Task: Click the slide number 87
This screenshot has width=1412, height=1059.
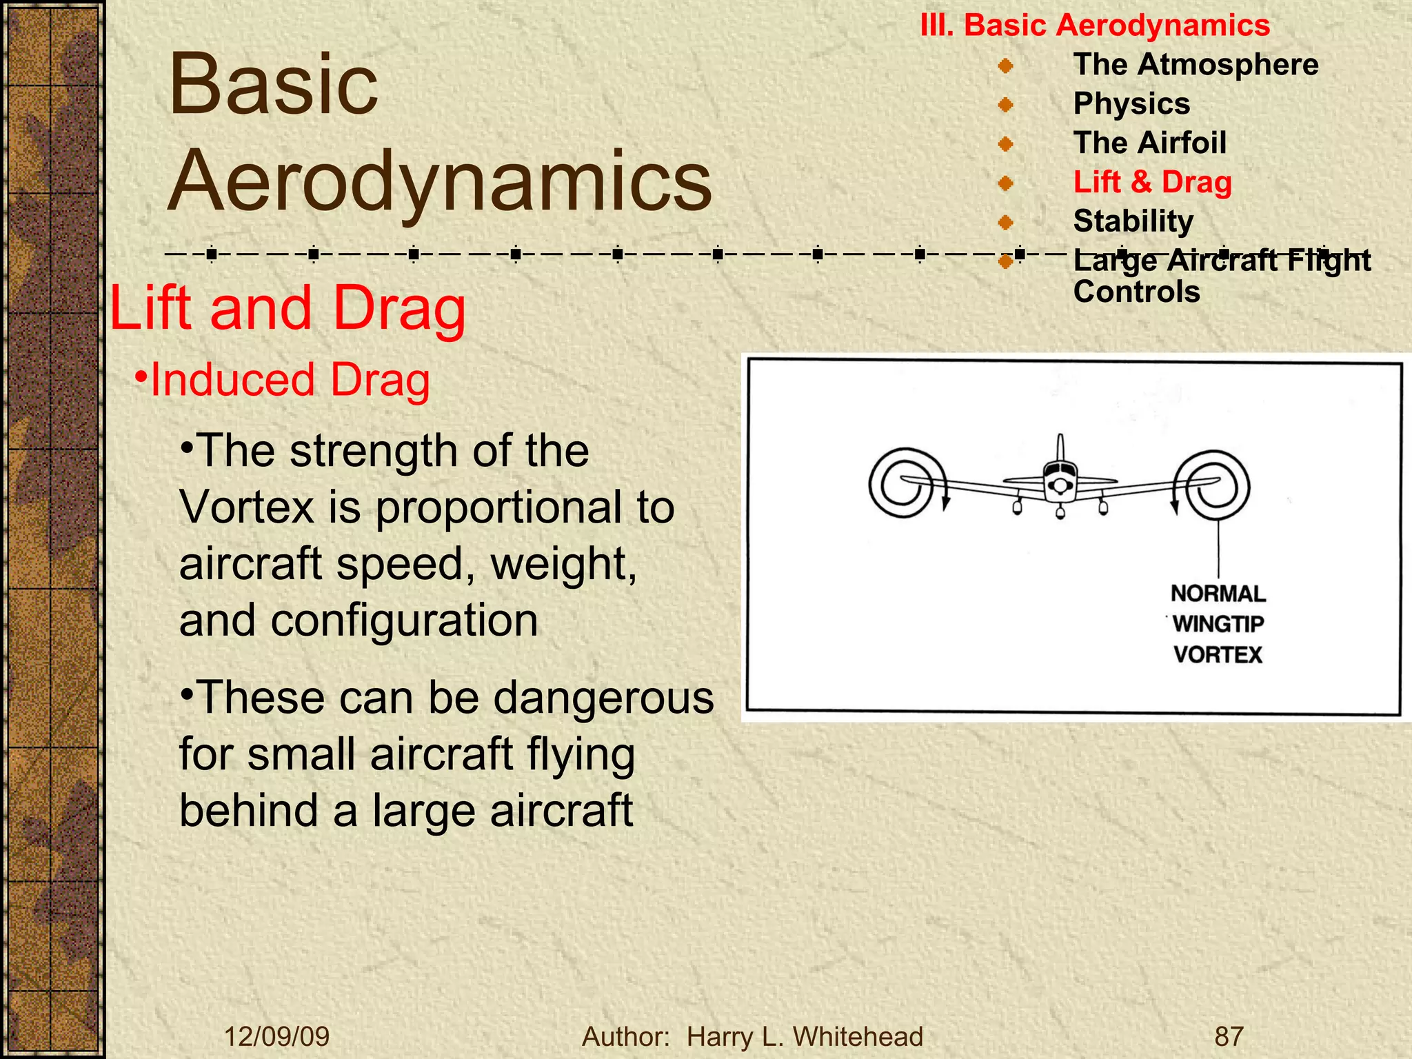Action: (x=1229, y=1036)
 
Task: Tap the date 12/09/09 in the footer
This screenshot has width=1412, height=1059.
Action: (x=277, y=1036)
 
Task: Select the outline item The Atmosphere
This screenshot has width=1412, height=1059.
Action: (x=1196, y=65)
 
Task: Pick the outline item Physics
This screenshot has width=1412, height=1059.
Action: (x=1131, y=104)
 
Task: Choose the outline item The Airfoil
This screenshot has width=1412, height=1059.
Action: (x=1149, y=143)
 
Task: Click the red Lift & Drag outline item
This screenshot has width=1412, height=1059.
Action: (x=1152, y=183)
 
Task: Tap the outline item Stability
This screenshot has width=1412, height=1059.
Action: (x=1133, y=222)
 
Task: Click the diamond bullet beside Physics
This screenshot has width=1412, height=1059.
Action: (x=1005, y=105)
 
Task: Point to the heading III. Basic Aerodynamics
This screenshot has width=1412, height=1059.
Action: (x=1095, y=26)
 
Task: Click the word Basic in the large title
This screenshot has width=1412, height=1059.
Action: (x=274, y=85)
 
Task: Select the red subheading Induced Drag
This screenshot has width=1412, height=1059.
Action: (x=290, y=380)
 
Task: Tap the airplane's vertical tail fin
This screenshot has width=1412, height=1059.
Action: (x=1060, y=448)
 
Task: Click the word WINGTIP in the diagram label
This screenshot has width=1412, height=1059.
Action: (x=1218, y=624)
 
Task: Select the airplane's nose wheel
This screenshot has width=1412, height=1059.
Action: (x=1060, y=512)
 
